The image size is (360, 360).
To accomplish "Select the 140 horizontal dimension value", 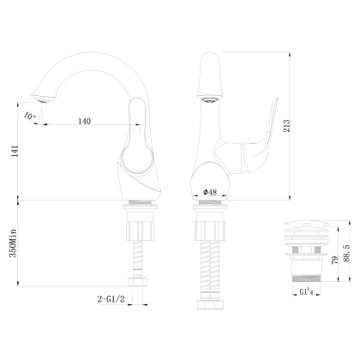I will click(x=84, y=122).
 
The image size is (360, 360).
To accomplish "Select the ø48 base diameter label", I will click(x=208, y=194).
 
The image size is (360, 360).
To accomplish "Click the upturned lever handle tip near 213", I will click(x=273, y=107).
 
